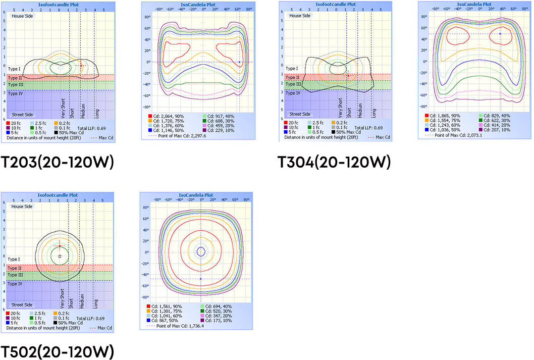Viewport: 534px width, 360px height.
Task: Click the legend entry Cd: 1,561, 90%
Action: point(164,306)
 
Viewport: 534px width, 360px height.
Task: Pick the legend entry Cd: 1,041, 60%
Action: point(164,317)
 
